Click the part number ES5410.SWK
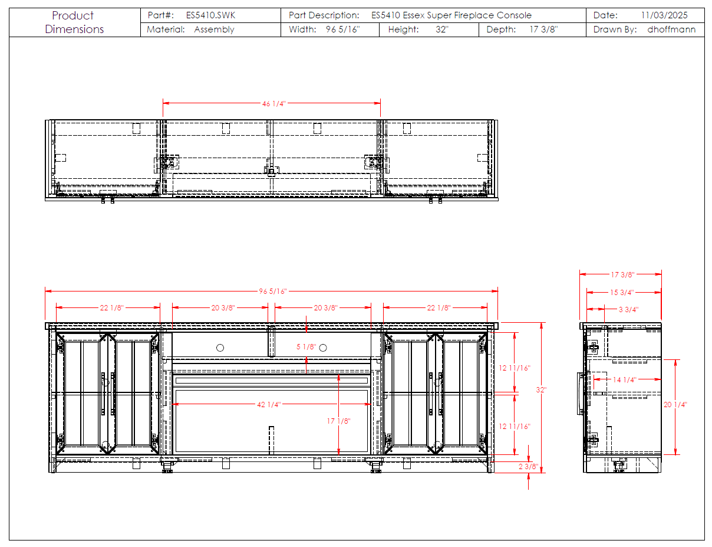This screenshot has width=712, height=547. [210, 15]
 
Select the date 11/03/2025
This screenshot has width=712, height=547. [664, 15]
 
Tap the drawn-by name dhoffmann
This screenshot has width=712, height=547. [671, 30]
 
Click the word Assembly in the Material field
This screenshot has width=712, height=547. [214, 30]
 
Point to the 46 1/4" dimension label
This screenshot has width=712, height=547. [273, 104]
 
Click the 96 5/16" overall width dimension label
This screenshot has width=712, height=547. [273, 291]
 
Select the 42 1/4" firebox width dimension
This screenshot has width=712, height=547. [269, 404]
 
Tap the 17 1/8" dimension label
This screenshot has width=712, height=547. [338, 421]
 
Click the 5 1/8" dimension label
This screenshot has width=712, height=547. [306, 346]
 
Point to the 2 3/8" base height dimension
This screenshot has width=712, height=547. [528, 466]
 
